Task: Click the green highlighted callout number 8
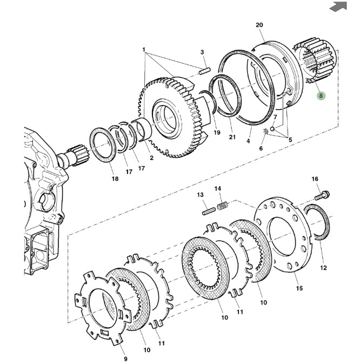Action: click(x=321, y=95)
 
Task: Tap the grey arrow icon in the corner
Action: click(x=339, y=6)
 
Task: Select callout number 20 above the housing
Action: click(x=259, y=25)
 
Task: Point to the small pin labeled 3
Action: click(x=204, y=69)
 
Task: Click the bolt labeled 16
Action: click(x=324, y=195)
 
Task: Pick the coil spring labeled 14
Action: click(x=222, y=207)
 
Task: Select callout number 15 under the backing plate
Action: click(x=299, y=288)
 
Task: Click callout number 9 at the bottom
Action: click(x=125, y=359)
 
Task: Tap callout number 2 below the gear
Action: click(x=151, y=158)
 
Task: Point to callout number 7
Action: click(x=275, y=117)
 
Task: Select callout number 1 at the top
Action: click(x=144, y=49)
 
